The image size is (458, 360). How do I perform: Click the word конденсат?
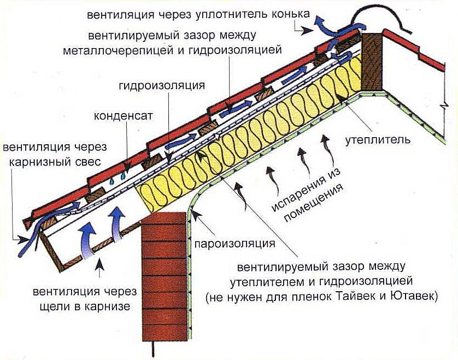(123, 116)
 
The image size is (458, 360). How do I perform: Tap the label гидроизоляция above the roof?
(162, 85)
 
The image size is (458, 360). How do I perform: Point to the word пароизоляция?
(234, 243)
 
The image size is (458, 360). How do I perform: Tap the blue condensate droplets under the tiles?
(118, 177)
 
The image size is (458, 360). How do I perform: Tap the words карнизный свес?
(55, 162)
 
